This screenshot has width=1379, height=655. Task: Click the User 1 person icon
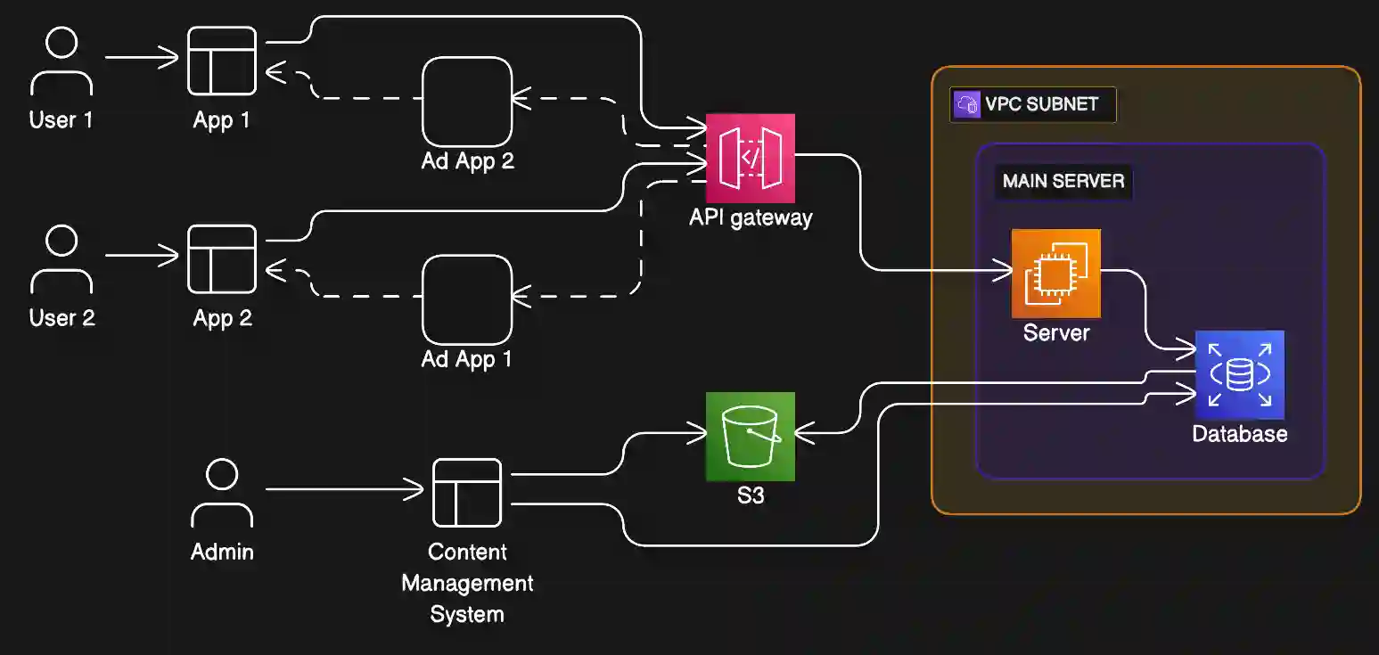pyautogui.click(x=62, y=61)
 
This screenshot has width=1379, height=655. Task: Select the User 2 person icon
pyautogui.click(x=62, y=259)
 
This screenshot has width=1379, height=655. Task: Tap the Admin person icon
pyautogui.click(x=222, y=493)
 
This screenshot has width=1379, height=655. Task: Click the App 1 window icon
pyautogui.click(x=222, y=61)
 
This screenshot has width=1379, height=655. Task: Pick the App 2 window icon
pyautogui.click(x=222, y=258)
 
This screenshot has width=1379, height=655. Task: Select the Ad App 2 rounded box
pyautogui.click(x=467, y=102)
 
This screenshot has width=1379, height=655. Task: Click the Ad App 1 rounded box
pyautogui.click(x=467, y=299)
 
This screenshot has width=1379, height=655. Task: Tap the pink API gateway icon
pyautogui.click(x=750, y=159)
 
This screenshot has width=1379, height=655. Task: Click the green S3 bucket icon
pyautogui.click(x=750, y=437)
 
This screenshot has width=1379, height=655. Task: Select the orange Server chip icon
pyautogui.click(x=1055, y=274)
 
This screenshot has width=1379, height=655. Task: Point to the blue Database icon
pyautogui.click(x=1239, y=375)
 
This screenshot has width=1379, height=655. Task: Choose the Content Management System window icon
pyautogui.click(x=467, y=493)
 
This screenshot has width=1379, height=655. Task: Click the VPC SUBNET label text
pyautogui.click(x=1041, y=104)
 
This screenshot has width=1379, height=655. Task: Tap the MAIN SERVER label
pyautogui.click(x=1063, y=182)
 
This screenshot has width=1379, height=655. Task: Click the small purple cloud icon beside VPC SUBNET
pyautogui.click(x=966, y=104)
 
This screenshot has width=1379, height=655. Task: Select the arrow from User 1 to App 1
pyautogui.click(x=143, y=59)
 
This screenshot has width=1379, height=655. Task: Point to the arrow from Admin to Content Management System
pyautogui.click(x=344, y=489)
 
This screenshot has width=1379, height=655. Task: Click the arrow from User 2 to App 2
pyautogui.click(x=143, y=257)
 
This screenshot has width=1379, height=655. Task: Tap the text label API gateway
pyautogui.click(x=751, y=217)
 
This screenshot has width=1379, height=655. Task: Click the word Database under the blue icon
pyautogui.click(x=1240, y=434)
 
